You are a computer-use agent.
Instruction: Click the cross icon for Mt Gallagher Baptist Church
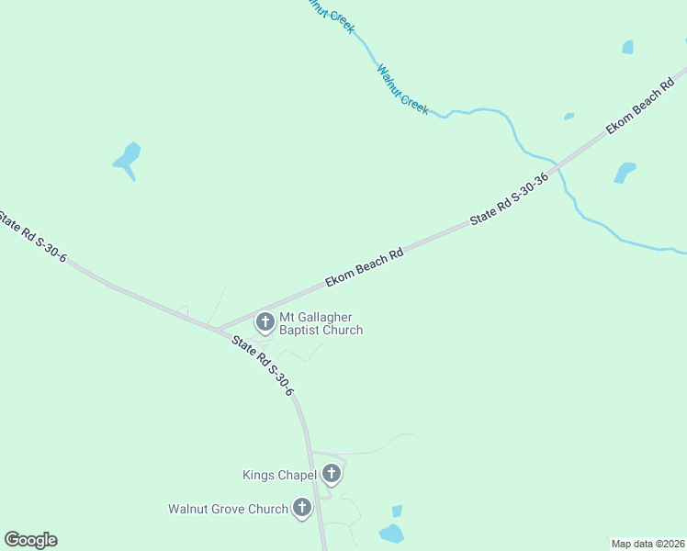click(265, 321)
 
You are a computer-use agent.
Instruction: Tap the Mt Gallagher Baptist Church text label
click(321, 323)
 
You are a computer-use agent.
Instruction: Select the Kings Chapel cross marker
click(332, 474)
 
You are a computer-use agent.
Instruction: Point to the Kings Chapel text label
click(279, 475)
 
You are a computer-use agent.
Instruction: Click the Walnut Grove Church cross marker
click(302, 508)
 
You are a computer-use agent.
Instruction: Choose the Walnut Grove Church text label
click(228, 509)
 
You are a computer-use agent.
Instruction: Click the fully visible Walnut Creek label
click(402, 88)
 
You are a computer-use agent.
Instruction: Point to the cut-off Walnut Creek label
click(329, 14)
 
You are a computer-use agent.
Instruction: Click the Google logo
click(30, 540)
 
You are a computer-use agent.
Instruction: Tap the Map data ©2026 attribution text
click(648, 544)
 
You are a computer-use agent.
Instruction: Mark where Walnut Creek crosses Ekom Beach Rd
click(557, 167)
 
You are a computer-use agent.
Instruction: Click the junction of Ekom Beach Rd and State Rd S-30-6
click(218, 330)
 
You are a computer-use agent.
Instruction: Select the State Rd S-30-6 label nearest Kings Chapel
click(263, 365)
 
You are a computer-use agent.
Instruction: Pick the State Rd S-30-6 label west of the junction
click(33, 237)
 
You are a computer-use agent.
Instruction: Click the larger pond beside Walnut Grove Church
click(391, 533)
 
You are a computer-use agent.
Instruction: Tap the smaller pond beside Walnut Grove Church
click(397, 511)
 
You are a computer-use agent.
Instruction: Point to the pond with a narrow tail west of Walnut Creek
click(128, 158)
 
